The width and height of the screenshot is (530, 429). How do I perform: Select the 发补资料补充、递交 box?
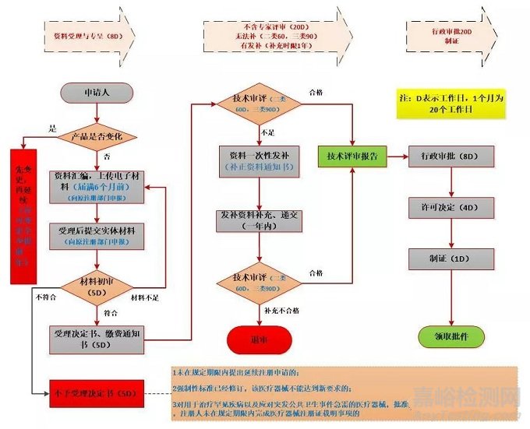point(258,220)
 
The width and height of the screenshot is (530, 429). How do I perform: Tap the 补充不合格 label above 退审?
point(279,311)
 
